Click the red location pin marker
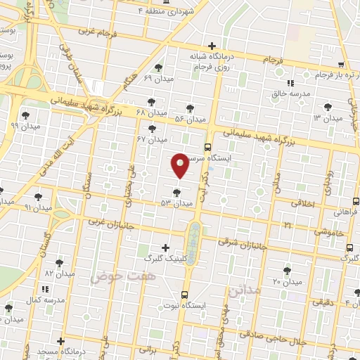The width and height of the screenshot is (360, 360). point(180,165)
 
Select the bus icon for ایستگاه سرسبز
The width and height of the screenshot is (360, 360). point(207,147)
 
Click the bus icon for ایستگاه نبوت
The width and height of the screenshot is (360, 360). point(184,295)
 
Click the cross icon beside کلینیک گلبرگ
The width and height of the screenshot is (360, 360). point(165,247)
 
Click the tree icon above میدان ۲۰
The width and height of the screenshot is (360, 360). point(287,270)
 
